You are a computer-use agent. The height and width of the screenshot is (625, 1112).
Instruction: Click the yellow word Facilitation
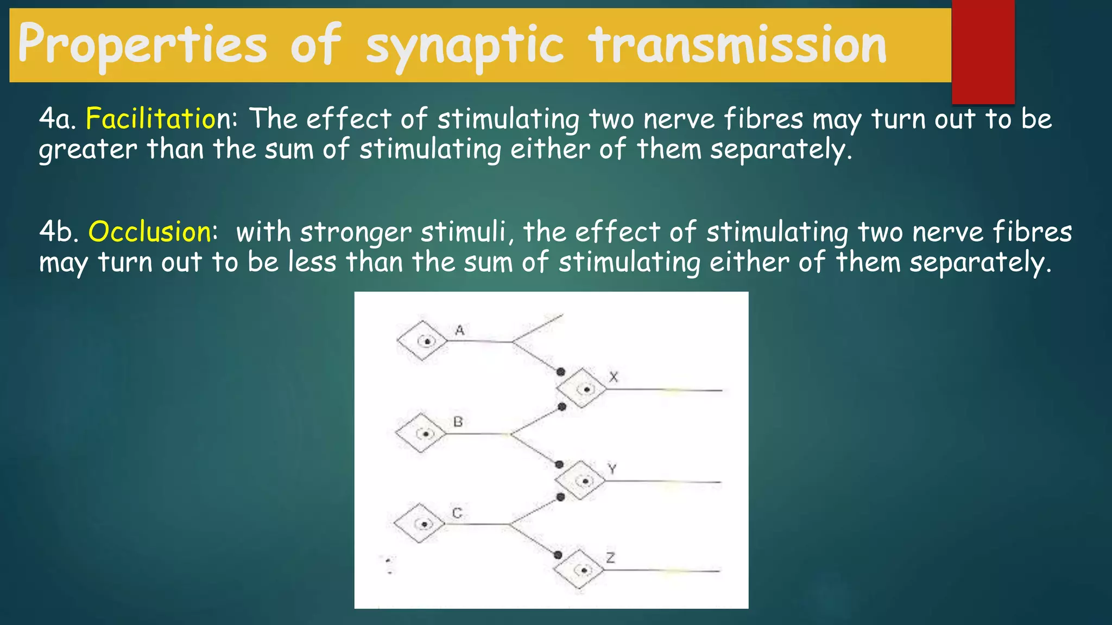150,119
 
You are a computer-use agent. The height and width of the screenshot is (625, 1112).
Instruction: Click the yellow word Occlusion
149,232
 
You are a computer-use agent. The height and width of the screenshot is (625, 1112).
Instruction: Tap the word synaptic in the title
464,46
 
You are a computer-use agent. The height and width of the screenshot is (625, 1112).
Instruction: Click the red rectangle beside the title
983,52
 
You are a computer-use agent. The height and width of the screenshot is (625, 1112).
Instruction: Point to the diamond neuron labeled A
422,341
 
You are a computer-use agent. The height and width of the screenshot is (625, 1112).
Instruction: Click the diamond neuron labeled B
421,433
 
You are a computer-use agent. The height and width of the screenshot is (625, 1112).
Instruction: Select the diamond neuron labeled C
419,524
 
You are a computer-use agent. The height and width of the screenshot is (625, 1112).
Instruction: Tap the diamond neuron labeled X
581,388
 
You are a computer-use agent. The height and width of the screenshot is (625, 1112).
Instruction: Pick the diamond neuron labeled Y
580,481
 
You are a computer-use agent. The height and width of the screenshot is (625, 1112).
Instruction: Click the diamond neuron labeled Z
579,570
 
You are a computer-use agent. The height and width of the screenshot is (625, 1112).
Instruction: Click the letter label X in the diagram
614,377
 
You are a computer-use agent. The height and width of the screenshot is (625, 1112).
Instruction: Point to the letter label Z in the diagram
610,558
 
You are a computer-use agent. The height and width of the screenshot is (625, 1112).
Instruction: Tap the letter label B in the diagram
458,422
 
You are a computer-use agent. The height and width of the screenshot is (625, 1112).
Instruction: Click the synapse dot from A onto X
561,372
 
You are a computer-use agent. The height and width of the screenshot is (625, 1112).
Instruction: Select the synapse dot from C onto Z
558,555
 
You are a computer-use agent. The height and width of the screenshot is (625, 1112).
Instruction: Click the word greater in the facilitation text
87,149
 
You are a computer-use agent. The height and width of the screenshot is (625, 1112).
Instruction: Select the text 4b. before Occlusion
59,232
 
